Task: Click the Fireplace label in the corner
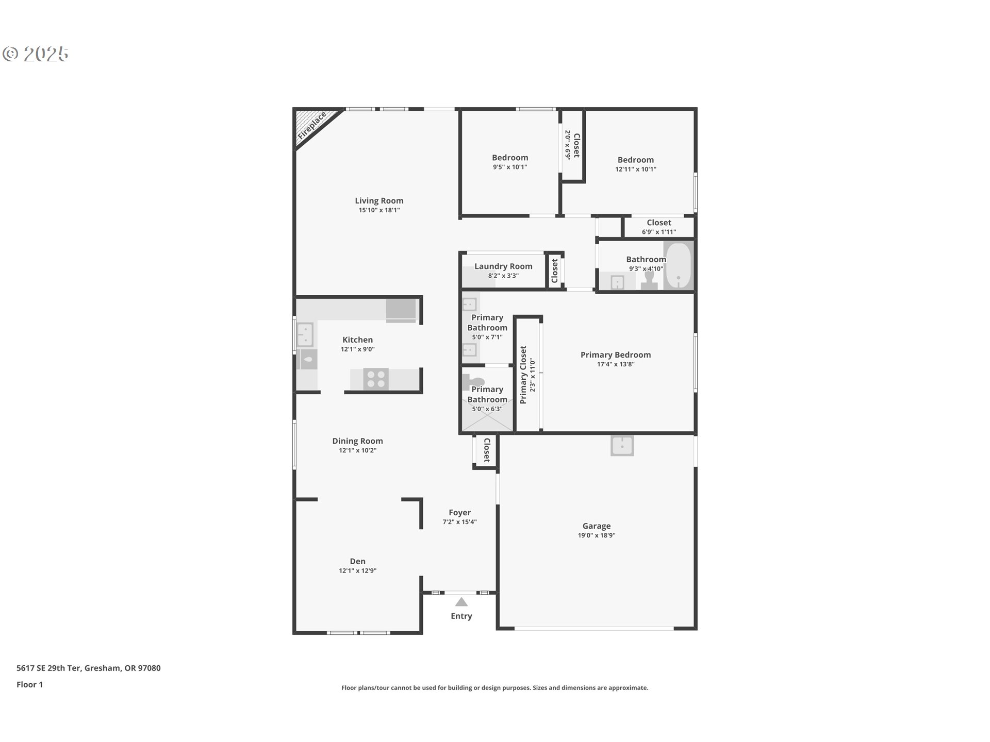[312, 126]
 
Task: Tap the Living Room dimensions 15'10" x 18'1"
[379, 210]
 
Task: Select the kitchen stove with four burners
[376, 379]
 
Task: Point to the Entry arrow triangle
[461, 602]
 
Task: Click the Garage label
[597, 526]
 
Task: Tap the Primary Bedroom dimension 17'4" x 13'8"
[616, 364]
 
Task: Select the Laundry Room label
[503, 266]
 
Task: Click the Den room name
[357, 561]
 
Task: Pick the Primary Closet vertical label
[523, 375]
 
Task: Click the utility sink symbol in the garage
[622, 446]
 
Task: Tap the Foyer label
[459, 513]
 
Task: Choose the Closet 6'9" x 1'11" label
[659, 227]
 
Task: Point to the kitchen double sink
[305, 335]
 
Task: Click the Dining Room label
[357, 441]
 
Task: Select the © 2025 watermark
[36, 54]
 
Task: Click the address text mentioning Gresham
[89, 668]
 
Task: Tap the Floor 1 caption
[30, 685]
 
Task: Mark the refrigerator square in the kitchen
[401, 310]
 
